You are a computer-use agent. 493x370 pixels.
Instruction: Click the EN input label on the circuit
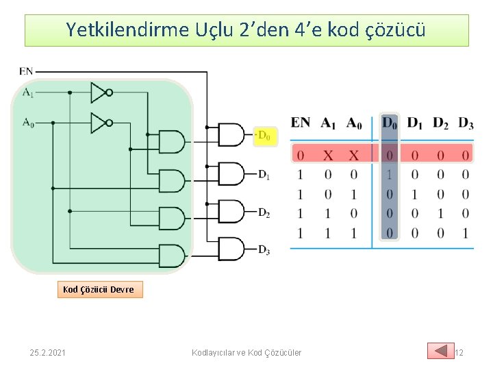[26, 71]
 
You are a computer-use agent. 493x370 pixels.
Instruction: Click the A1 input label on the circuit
[28, 92]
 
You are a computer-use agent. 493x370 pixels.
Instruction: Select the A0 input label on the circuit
[28, 123]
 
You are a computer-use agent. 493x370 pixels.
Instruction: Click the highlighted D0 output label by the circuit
[264, 136]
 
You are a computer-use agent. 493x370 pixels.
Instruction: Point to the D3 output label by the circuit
[264, 250]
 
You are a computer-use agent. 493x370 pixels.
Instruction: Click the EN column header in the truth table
[300, 123]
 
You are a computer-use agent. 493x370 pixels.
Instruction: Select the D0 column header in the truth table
[390, 123]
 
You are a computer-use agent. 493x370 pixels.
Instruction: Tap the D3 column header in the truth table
[466, 123]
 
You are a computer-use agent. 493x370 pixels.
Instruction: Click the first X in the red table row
[328, 155]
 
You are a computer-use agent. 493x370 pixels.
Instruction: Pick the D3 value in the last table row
[466, 234]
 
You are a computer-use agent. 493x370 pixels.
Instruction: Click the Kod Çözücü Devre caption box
[99, 290]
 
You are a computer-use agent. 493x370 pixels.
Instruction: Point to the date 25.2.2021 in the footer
[48, 353]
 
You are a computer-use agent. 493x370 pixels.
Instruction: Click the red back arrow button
[440, 351]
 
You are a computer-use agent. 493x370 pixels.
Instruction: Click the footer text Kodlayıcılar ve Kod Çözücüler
[246, 353]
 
